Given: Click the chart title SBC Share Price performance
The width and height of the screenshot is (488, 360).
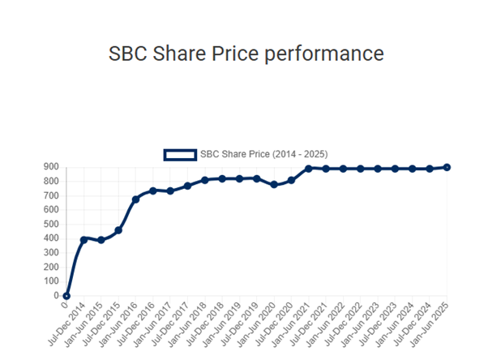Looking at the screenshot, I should coord(246,54).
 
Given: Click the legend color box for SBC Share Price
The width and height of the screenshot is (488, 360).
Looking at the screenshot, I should coord(180,154).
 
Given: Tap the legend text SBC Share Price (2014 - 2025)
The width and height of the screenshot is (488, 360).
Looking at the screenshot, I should coord(263,154).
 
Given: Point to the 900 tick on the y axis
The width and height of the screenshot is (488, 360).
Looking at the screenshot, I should coord(50,168).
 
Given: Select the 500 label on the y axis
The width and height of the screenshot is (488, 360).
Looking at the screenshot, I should coord(50,225).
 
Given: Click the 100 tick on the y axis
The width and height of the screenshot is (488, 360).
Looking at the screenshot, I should coord(50,281).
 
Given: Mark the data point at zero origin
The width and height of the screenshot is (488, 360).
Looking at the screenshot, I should coord(66,296).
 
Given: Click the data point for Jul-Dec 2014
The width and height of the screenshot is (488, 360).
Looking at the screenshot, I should coord(83,239).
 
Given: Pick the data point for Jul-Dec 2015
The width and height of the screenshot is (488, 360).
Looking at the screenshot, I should coord(118,230).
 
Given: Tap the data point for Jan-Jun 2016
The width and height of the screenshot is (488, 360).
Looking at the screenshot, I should coord(135,199).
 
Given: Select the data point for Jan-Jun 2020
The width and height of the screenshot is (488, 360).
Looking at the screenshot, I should coord(274,184).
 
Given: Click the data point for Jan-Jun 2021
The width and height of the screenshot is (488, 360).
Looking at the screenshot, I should coord(308,169).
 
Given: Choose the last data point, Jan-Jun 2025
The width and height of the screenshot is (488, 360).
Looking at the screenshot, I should coord(447,167).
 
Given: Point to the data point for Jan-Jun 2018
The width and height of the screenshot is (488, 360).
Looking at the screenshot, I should coord(205,180).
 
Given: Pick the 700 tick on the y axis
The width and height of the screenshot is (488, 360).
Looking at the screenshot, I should coord(50,196).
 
